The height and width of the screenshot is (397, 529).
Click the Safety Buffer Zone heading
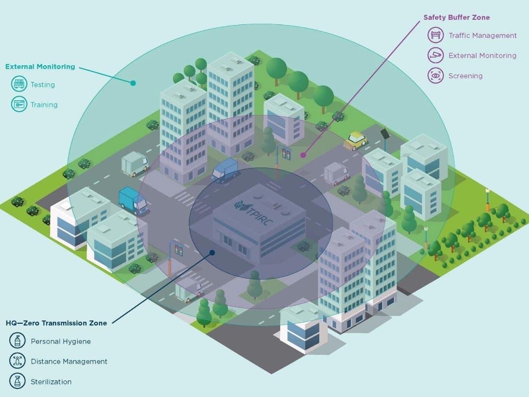(x=456, y=17)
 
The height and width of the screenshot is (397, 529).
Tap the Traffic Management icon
(x=436, y=35)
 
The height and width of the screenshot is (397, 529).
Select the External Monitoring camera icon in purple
(x=436, y=55)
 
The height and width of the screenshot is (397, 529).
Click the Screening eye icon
(x=436, y=75)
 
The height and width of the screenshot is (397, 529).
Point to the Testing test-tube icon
(x=19, y=84)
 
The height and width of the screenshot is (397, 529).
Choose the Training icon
(x=19, y=104)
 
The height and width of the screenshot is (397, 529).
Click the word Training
(x=44, y=105)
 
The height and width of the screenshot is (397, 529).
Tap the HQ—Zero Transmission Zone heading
(x=57, y=323)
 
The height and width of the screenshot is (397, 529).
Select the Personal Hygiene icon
(x=17, y=340)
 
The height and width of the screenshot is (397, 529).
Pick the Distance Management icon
(x=17, y=361)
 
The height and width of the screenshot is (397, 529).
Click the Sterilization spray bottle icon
(x=17, y=381)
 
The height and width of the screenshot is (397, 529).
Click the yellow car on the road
(x=355, y=140)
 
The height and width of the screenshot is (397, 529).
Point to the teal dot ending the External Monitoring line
(x=133, y=83)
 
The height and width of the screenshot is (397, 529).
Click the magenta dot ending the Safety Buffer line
(x=303, y=155)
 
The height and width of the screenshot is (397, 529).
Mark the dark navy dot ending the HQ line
(x=212, y=253)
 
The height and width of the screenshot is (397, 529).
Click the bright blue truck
(x=132, y=201)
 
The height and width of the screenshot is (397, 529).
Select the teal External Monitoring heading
(x=40, y=67)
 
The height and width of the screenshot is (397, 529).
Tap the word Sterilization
(x=51, y=382)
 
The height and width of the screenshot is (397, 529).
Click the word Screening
(x=465, y=76)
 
